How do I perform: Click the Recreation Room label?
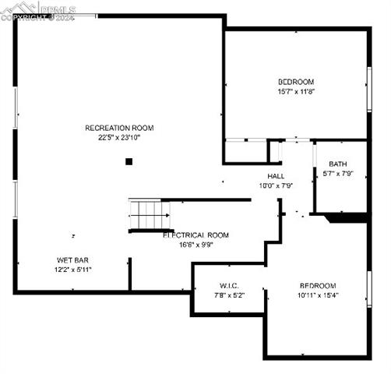coord(119,128)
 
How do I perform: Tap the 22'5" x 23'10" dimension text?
coord(119,137)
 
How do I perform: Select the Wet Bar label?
coord(72,259)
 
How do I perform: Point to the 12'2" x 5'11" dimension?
coord(72,269)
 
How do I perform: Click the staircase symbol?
coord(150,213)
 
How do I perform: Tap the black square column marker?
coord(129,161)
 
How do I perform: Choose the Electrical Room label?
coord(195,235)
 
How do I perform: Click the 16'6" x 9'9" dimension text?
coord(195,244)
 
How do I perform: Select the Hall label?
coord(276,176)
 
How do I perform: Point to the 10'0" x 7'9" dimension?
coord(276,185)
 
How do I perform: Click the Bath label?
coord(337,164)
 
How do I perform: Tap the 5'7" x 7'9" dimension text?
coord(337,173)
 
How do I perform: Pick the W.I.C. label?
coord(229,285)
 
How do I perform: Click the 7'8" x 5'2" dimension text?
coord(229,295)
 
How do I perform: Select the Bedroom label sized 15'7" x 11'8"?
coord(296,82)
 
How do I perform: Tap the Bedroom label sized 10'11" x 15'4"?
coord(317,285)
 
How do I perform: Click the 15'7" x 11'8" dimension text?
coord(296,91)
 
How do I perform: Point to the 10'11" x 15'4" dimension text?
coord(317,295)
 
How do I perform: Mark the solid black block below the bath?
coord(346,217)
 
